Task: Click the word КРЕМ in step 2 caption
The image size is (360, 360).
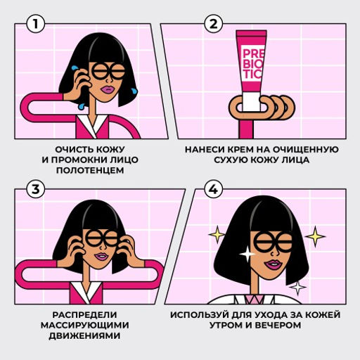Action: (x=243, y=150)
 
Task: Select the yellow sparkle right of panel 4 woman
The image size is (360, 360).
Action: (x=316, y=235)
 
